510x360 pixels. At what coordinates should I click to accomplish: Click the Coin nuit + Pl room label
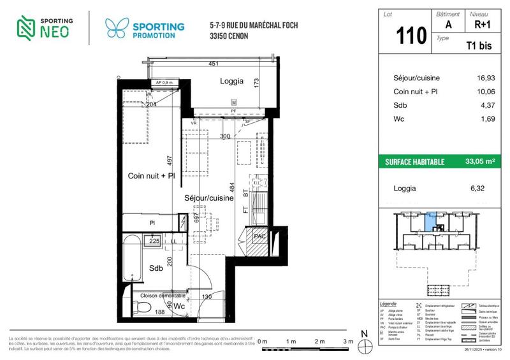(151, 176)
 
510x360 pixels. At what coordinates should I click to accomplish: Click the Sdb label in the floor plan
(156, 268)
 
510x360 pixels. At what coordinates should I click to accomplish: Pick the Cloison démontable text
(160, 296)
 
